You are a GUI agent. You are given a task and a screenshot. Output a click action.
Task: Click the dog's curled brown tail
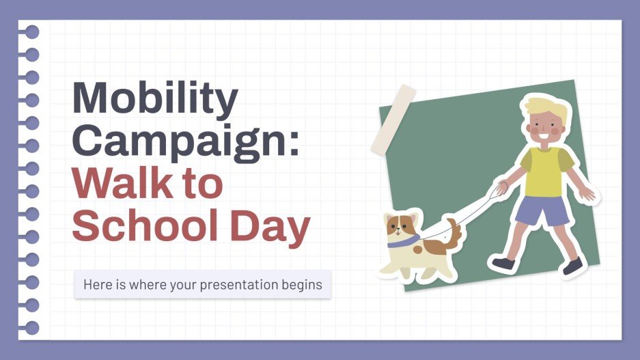coord(451,232)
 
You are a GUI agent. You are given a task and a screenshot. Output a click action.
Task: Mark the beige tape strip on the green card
coord(393,120)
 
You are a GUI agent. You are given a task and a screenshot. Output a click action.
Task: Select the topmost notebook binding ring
coord(31,32)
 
